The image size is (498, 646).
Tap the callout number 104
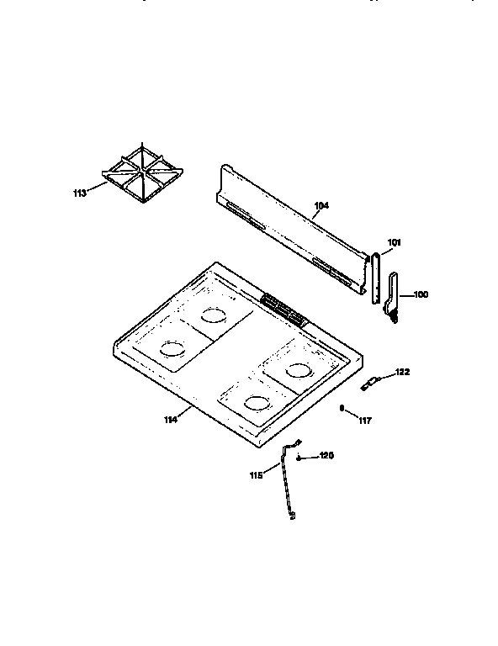(x=321, y=204)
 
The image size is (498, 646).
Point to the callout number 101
(x=394, y=243)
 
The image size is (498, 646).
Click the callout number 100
(x=421, y=294)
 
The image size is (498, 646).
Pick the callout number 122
(x=402, y=372)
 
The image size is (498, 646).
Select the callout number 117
(x=364, y=420)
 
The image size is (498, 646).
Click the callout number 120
(x=326, y=456)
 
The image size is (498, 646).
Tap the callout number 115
(x=257, y=475)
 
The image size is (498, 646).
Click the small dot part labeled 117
(x=342, y=409)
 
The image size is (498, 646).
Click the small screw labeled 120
(x=300, y=458)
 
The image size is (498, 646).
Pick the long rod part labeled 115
(x=287, y=488)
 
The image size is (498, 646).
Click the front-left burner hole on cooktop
(x=171, y=348)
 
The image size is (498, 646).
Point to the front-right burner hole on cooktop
(x=254, y=402)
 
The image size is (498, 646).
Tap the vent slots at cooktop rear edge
(x=283, y=308)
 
